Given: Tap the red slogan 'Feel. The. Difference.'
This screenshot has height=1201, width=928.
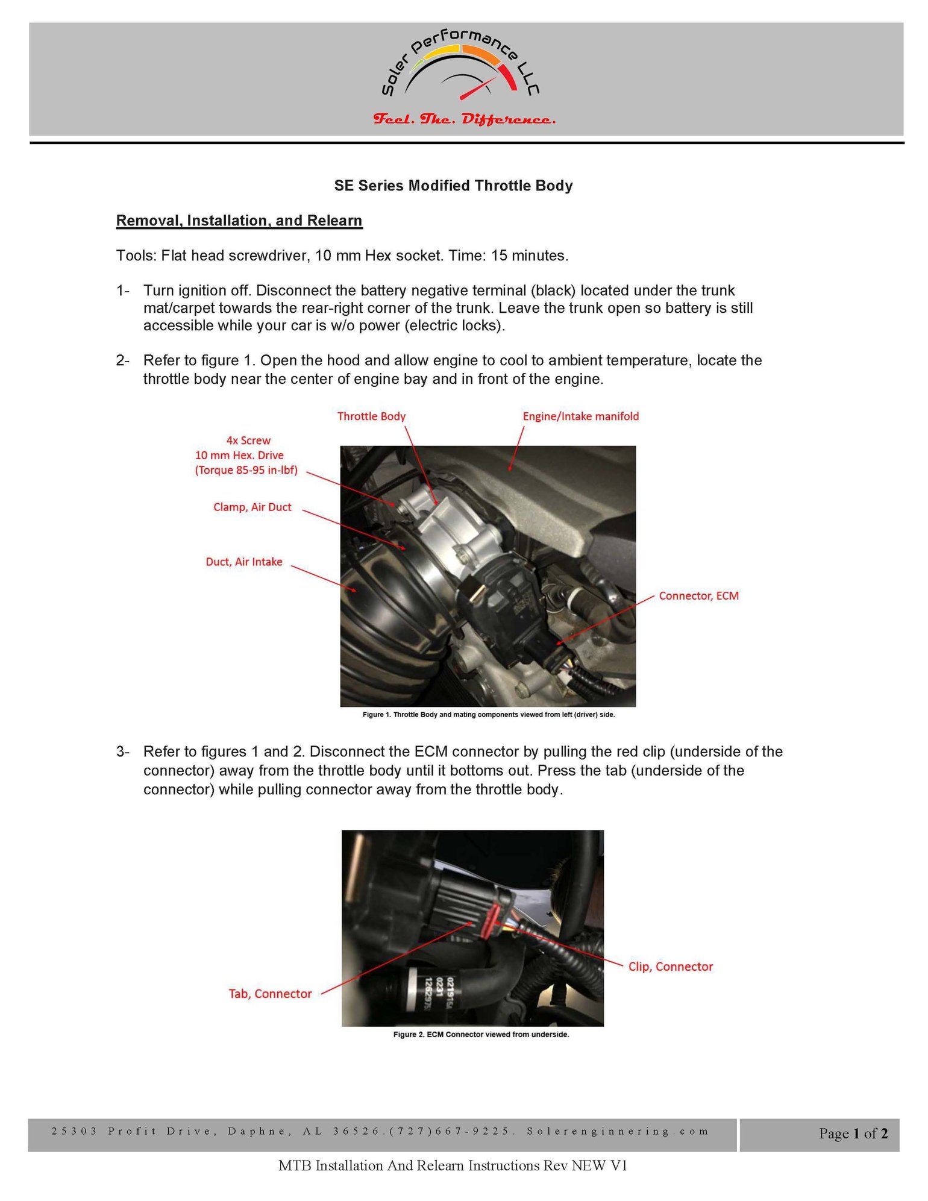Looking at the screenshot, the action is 464,119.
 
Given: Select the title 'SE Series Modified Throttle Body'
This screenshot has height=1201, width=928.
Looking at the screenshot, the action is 453,186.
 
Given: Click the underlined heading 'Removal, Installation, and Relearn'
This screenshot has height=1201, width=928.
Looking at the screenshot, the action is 239,221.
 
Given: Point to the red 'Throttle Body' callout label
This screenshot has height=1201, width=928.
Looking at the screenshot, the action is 371,416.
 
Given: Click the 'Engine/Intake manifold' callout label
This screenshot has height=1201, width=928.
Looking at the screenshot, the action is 581,416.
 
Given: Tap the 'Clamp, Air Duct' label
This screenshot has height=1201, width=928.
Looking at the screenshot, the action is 252,507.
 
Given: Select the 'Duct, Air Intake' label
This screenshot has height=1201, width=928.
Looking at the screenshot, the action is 244,562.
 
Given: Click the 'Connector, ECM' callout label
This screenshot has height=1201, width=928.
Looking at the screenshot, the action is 699,596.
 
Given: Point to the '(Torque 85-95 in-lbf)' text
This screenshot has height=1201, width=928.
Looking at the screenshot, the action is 246,471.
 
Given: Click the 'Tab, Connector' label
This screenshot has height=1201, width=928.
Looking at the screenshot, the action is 270,994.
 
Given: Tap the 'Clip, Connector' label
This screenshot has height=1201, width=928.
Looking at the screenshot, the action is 671,967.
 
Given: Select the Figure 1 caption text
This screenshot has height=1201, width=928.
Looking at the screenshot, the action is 489,715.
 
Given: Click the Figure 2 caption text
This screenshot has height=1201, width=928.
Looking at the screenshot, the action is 481,1035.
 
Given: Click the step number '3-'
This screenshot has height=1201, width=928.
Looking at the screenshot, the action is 123,752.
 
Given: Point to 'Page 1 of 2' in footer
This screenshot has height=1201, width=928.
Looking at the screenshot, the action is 853,1134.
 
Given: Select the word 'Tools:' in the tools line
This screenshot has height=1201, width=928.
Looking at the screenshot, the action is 136,256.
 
